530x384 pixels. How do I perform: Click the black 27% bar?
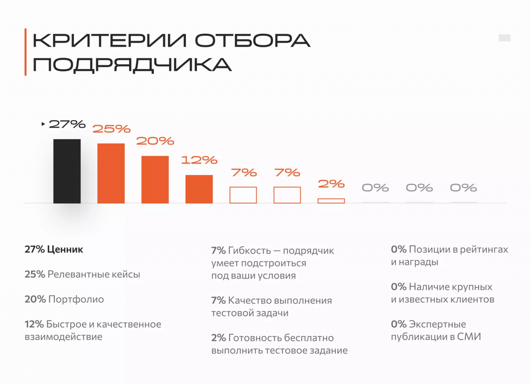(67, 171)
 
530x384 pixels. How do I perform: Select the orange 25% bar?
(111, 173)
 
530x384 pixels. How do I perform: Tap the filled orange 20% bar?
(155, 179)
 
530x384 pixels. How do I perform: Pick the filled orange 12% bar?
(199, 189)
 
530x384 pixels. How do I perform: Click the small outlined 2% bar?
(331, 201)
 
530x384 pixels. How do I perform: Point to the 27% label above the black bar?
(67, 124)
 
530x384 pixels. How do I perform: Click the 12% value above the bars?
(199, 160)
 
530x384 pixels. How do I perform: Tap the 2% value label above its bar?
(331, 184)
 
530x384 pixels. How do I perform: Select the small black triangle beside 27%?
(43, 124)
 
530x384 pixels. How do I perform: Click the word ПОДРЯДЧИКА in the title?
(132, 65)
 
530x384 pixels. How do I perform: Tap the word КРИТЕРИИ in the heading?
(110, 40)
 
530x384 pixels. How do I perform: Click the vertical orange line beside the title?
(26, 52)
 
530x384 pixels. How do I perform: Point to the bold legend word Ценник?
(65, 249)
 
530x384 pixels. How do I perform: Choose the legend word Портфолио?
(76, 299)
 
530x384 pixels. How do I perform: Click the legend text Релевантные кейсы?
(94, 274)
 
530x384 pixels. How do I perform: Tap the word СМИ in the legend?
(469, 337)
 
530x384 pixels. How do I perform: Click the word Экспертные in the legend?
(437, 324)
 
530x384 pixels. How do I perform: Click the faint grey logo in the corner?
(504, 38)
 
